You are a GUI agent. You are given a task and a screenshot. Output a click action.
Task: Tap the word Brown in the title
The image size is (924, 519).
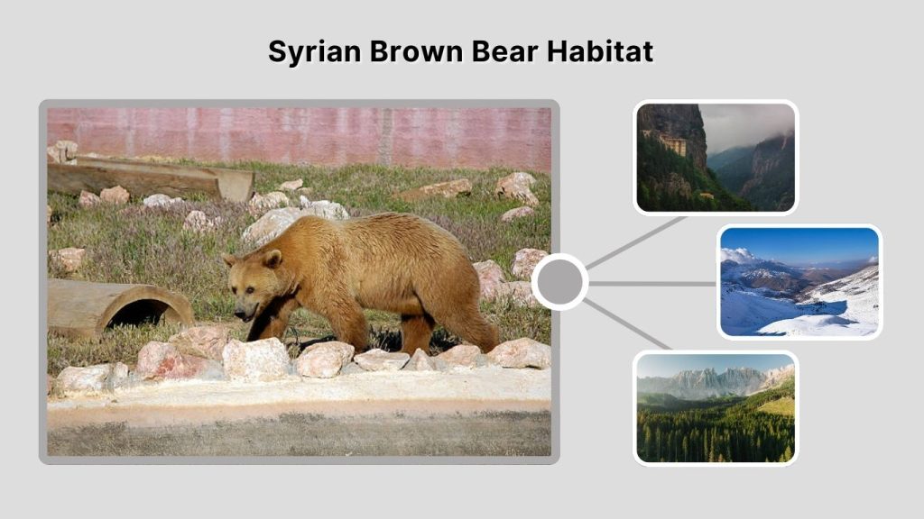(x=412, y=51)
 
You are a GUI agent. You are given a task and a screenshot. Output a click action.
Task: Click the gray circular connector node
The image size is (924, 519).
(x=559, y=282)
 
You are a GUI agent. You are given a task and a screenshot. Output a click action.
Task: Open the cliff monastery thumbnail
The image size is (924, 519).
(x=715, y=158)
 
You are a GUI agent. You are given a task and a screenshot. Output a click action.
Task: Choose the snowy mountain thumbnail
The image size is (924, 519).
(x=799, y=281)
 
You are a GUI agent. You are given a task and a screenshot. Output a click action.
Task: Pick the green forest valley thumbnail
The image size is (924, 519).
(x=715, y=407)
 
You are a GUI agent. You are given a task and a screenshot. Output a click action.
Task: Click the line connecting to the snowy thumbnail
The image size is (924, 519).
(x=652, y=283)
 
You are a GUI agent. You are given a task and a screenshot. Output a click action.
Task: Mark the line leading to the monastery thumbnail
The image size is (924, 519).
(x=636, y=241)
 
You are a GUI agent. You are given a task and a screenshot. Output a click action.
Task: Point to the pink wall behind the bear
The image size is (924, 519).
(x=298, y=135)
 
